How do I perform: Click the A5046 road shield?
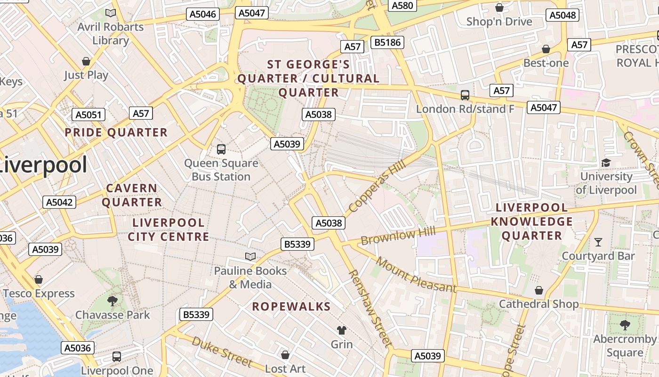pos(202,14)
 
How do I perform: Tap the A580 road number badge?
pos(402,5)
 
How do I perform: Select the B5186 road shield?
pos(387,42)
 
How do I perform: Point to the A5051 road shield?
pos(88,115)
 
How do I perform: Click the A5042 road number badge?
pos(59,202)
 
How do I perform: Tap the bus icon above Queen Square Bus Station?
pos(221,149)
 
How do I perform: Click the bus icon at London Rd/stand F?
pos(465,95)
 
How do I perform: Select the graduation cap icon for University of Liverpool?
pos(605,163)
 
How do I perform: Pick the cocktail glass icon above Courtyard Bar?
pos(598,242)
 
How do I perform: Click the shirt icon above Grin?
pos(342,330)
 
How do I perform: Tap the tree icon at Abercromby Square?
pos(625,325)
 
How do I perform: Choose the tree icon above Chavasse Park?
pos(112,301)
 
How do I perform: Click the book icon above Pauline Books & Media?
pos(250,256)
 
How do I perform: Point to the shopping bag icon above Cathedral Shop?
pos(539,290)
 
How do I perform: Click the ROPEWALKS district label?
pos(291,306)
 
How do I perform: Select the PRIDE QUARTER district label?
pos(116,132)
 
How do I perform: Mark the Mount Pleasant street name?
pos(416,275)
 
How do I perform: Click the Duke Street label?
pos(222,351)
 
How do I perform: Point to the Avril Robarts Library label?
pos(111,33)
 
